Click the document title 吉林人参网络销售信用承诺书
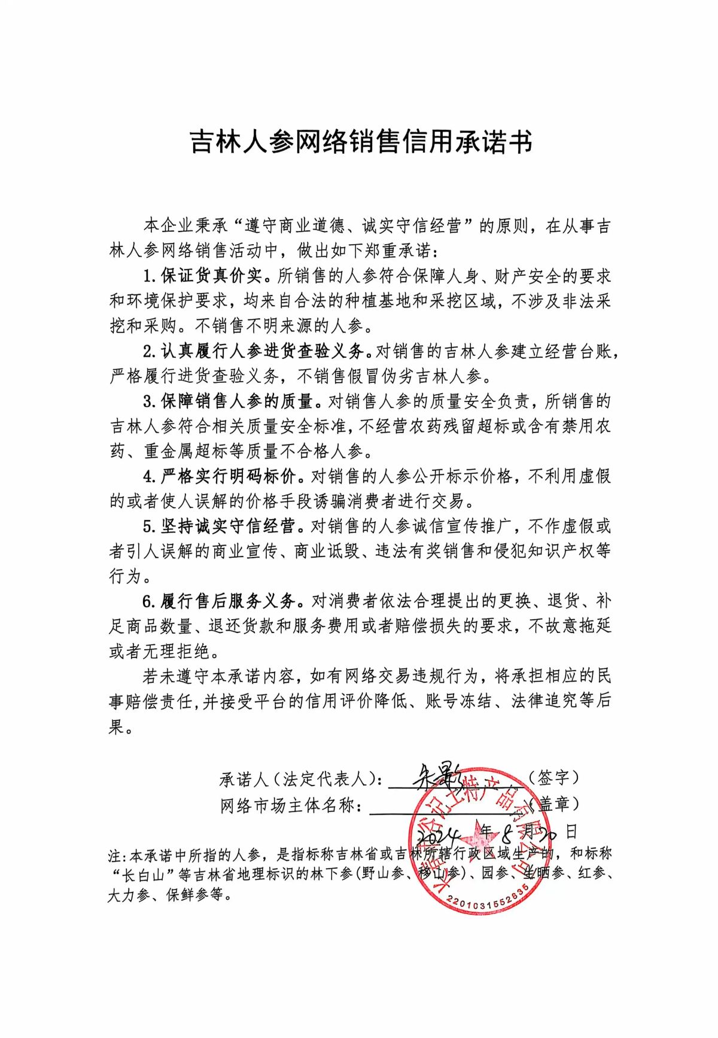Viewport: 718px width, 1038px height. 361,142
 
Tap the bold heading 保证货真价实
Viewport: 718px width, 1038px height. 211,276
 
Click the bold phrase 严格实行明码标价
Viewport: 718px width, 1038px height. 228,476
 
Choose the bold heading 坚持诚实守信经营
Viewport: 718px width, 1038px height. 228,526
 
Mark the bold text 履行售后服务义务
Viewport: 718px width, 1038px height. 228,601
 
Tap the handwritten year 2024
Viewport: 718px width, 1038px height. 439,833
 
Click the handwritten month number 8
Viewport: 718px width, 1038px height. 509,832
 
